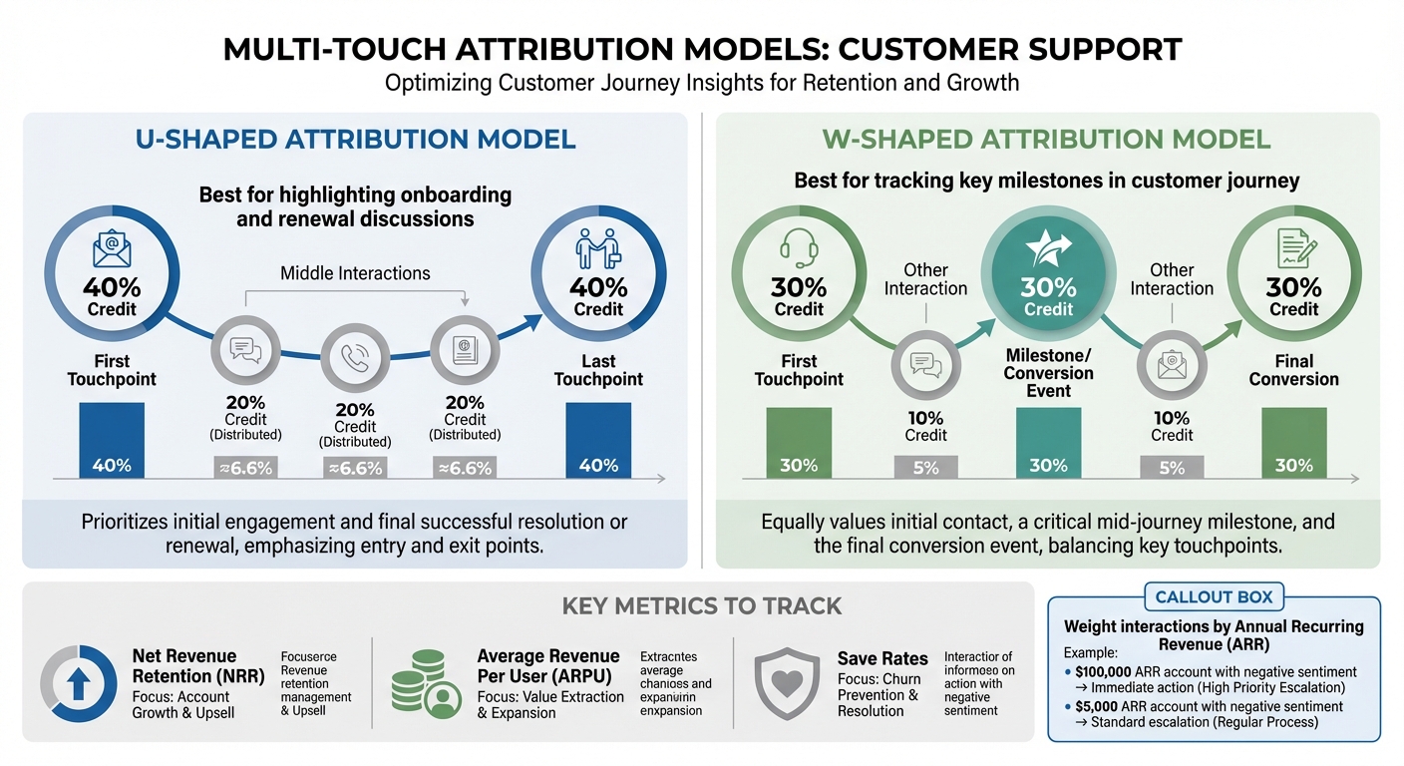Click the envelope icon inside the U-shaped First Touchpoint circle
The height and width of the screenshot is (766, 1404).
[x=112, y=247]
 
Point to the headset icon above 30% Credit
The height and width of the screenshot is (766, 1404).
[x=799, y=247]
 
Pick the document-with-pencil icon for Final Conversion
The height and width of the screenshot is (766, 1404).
[x=1293, y=247]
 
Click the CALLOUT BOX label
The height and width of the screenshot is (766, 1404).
[x=1214, y=597]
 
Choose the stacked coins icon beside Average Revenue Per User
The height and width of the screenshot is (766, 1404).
[x=424, y=683]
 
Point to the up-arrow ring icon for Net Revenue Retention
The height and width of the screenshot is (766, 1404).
[x=79, y=683]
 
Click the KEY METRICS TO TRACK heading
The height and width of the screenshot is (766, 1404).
[x=701, y=605]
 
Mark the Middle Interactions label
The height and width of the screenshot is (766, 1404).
[x=355, y=272]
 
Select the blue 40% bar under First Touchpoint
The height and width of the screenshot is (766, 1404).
[x=112, y=441]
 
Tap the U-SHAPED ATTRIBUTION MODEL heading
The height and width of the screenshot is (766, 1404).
[x=355, y=139]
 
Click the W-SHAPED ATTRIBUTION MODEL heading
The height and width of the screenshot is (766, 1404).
[x=1046, y=139]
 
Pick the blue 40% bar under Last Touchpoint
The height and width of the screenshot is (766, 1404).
[x=598, y=441]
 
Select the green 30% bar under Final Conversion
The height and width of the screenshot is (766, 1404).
[x=1293, y=443]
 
